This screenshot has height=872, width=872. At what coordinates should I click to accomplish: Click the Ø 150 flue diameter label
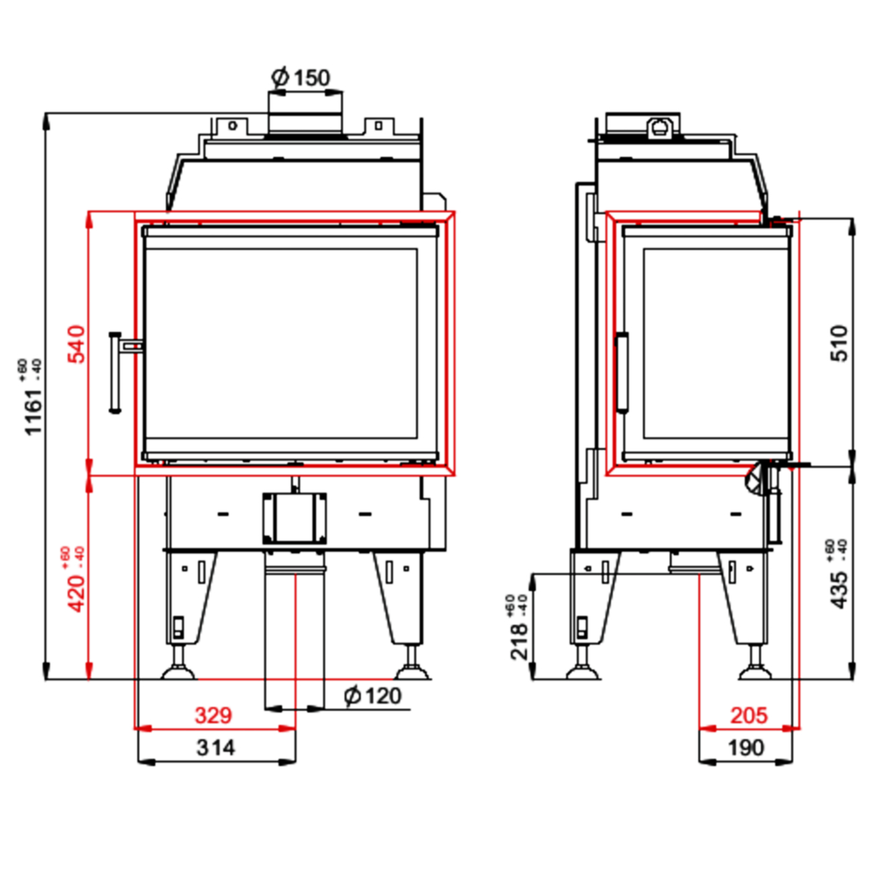point(301,78)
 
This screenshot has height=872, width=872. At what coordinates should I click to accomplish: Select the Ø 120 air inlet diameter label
point(373,696)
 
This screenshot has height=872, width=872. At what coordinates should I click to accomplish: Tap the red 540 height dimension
point(78,343)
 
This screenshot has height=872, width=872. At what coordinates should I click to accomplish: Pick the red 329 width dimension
point(213,715)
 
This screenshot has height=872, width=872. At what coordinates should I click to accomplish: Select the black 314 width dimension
point(215,747)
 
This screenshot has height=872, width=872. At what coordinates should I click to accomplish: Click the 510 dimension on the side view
point(839,343)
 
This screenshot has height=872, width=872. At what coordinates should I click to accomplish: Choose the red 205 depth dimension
point(748,715)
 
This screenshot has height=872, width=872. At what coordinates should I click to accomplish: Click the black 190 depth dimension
point(745,747)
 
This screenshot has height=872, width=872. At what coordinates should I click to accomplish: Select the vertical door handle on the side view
point(622,372)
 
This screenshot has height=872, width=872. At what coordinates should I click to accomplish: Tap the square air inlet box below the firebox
point(294,518)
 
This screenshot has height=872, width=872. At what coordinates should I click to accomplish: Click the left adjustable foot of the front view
point(178,668)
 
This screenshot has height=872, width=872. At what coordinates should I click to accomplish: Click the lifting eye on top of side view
point(660,127)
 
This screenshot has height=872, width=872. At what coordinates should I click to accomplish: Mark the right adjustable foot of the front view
point(411,668)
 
